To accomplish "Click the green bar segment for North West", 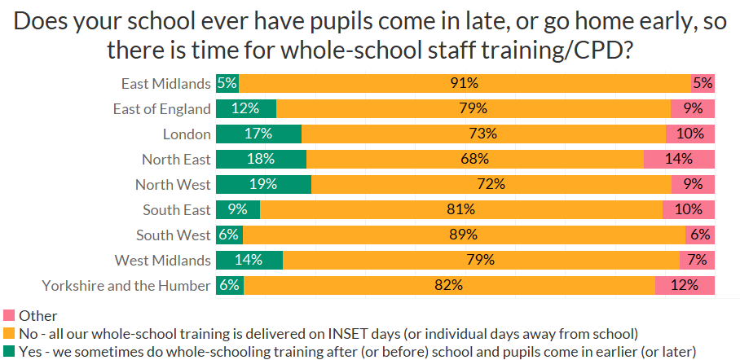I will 263,184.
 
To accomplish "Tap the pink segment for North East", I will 679,159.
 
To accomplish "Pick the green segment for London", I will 258,134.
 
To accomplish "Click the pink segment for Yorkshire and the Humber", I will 685,285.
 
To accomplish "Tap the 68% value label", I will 474,159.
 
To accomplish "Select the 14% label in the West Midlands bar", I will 249,260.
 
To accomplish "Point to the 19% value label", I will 263,184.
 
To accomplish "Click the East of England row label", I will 162,108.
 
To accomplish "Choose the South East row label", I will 177,209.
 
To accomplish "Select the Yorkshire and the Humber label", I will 126,285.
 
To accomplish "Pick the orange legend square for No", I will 9,333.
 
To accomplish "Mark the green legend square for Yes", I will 9,351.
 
